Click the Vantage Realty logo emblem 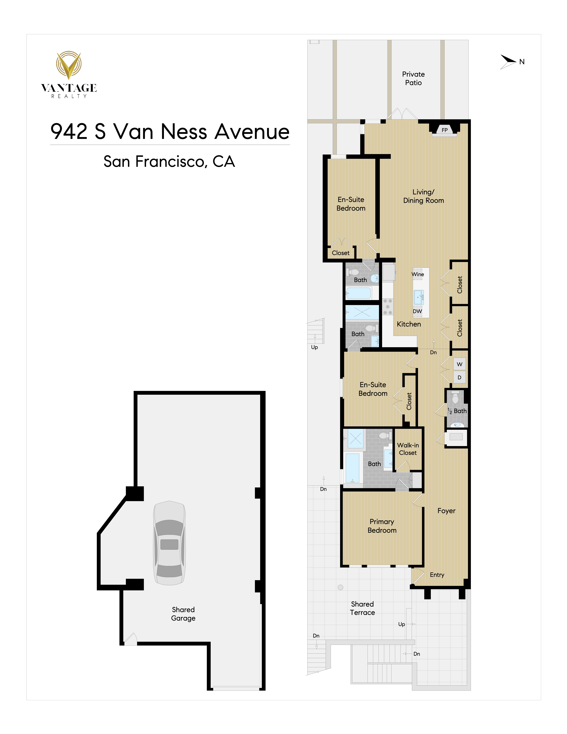pyautogui.click(x=68, y=65)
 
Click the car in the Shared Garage pyautogui.click(x=169, y=543)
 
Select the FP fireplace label pyautogui.click(x=444, y=130)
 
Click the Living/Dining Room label pyautogui.click(x=424, y=196)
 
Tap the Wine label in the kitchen pyautogui.click(x=418, y=274)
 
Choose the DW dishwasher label pyautogui.click(x=418, y=311)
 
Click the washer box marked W pyautogui.click(x=459, y=364)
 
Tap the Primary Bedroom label pyautogui.click(x=382, y=526)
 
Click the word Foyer pyautogui.click(x=446, y=511)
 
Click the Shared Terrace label pyautogui.click(x=362, y=608)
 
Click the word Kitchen pyautogui.click(x=409, y=324)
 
